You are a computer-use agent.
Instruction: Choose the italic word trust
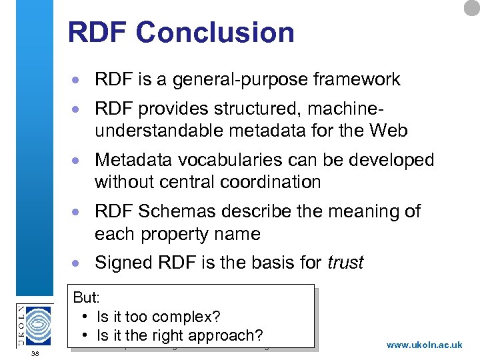pyautogui.click(x=345, y=263)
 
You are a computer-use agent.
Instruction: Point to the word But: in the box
pyautogui.click(x=86, y=297)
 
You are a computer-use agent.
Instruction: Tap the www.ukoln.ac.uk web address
pyautogui.click(x=424, y=345)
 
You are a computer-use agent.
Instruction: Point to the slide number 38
pyautogui.click(x=35, y=353)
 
